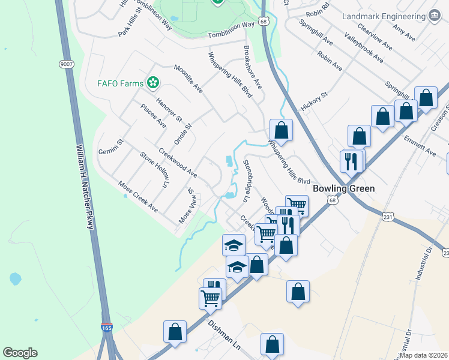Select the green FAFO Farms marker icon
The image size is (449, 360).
pyautogui.click(x=154, y=82)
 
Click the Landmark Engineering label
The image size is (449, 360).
pyautogui.click(x=384, y=17)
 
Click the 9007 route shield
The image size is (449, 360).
pyautogui.click(x=66, y=63)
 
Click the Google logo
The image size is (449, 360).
pyautogui.click(x=20, y=353)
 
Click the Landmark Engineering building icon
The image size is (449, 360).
pyautogui.click(x=433, y=17)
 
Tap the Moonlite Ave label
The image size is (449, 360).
pyautogui.click(x=188, y=79)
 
